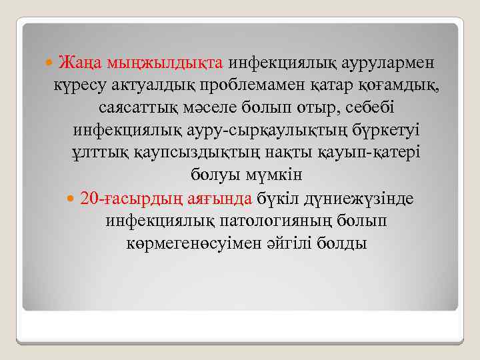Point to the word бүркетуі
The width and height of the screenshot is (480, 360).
coord(379,130)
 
